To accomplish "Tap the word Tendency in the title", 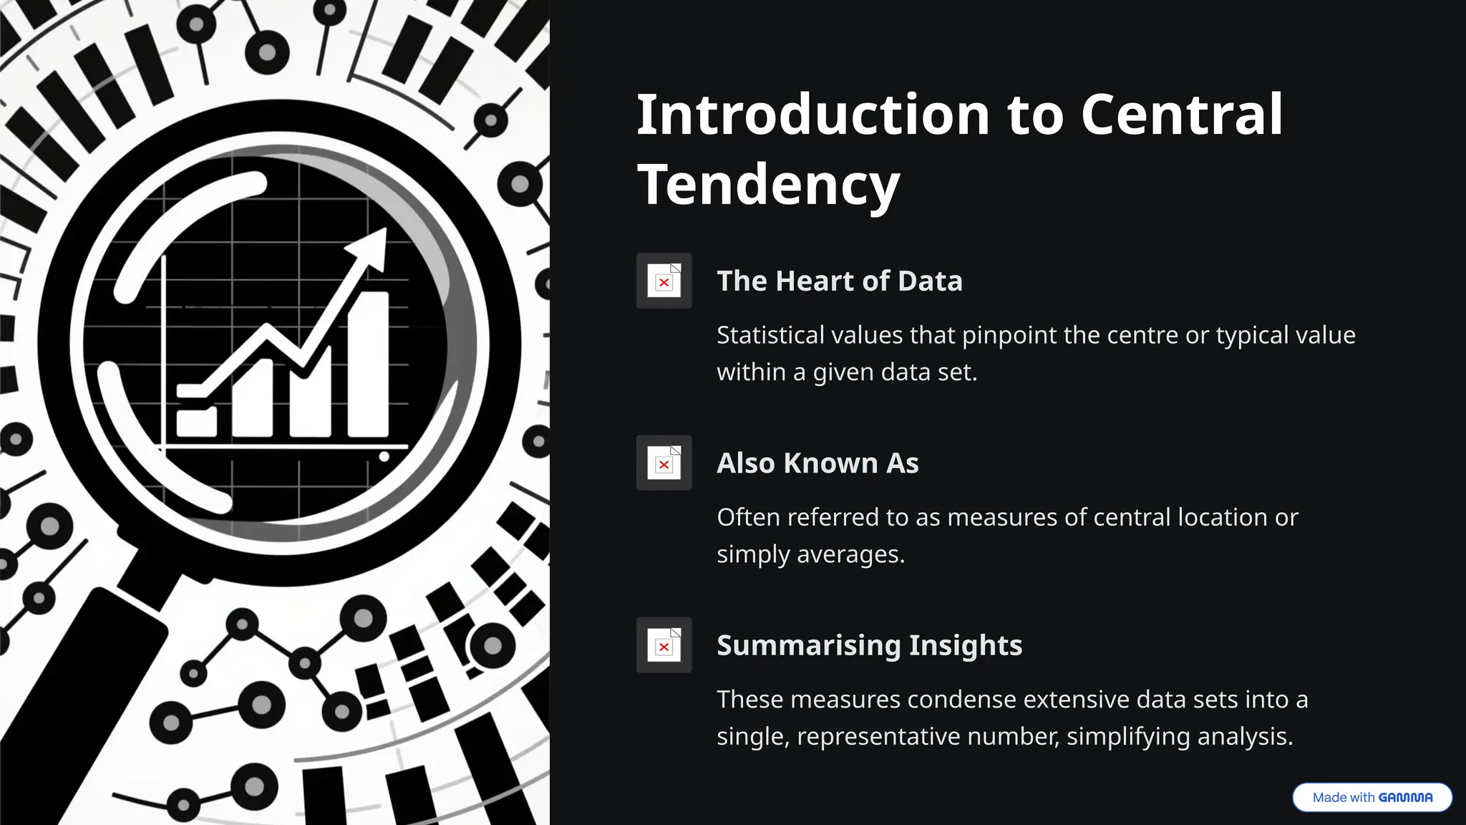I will [768, 185].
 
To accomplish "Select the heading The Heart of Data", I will [839, 281].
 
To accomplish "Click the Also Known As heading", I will [817, 463].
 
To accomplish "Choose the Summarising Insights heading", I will [869, 645].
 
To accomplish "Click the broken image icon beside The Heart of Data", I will [664, 281].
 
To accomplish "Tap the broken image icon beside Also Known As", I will [664, 463].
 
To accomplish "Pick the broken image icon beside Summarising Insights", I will [664, 645].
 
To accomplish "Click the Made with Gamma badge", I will [1372, 797].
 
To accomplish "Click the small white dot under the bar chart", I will [384, 456].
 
